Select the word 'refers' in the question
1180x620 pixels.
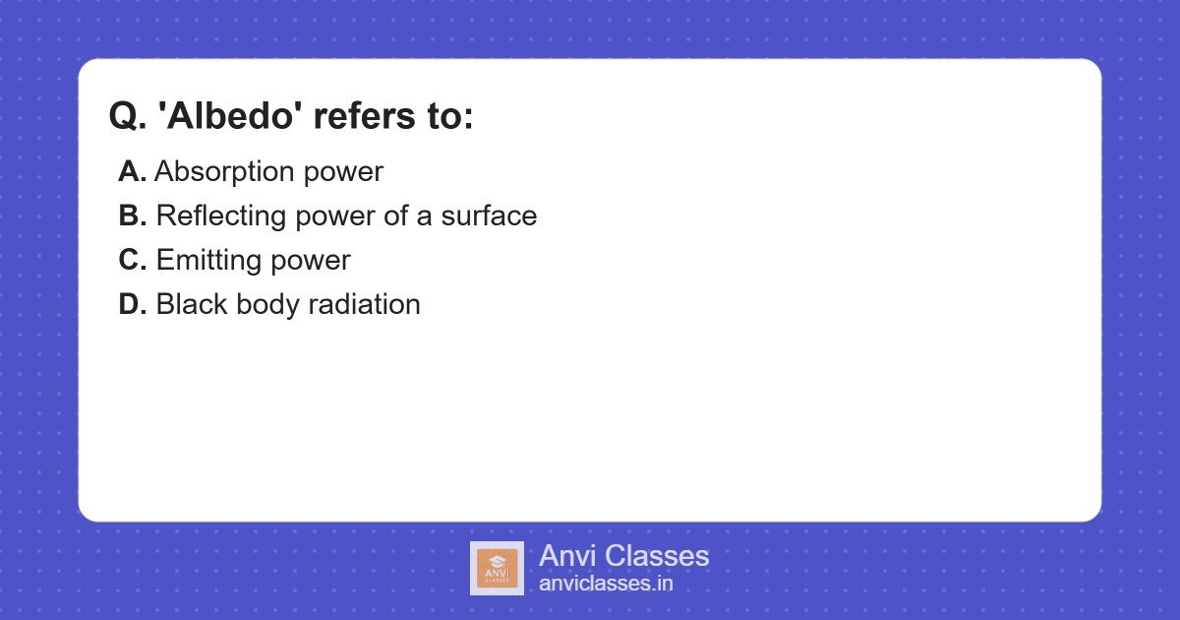(x=361, y=117)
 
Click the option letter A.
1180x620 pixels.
(x=132, y=171)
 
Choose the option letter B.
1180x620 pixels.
(x=132, y=216)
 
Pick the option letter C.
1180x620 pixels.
(x=132, y=260)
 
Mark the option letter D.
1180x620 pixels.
(x=132, y=304)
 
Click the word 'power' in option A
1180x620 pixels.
(x=343, y=172)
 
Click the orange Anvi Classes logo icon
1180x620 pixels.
(x=497, y=568)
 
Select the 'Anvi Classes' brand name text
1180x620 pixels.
(x=623, y=556)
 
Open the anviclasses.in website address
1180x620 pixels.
(x=606, y=584)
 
